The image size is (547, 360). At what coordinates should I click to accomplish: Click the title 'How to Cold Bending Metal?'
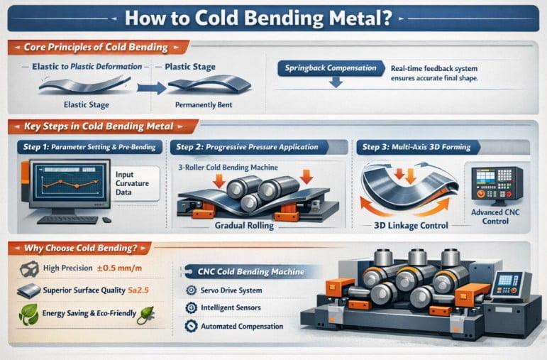pos(258,18)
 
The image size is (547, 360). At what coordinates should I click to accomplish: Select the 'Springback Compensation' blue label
pos(331,68)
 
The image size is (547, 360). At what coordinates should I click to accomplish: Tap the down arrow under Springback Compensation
pos(336,82)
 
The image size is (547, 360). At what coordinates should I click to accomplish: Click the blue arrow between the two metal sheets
pos(151,87)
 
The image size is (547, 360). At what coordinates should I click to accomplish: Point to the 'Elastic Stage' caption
pos(86,105)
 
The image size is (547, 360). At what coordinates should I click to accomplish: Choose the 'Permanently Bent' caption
pos(204,105)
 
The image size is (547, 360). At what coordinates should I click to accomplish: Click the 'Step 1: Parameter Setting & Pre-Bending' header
pos(89,147)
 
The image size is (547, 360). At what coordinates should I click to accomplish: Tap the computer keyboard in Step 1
pos(67,220)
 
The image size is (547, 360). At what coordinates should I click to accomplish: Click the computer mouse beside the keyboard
pos(106,219)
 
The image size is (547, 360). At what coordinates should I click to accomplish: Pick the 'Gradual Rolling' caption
pos(244,226)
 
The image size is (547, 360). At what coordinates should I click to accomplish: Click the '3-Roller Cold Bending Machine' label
pos(228,168)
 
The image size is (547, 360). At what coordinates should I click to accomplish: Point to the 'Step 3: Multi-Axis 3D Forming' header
pos(416,147)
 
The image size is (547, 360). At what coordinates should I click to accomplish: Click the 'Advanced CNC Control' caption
pos(495,217)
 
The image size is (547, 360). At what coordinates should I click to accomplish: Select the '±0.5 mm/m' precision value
pos(119,268)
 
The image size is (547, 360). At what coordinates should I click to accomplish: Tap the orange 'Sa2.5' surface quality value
pos(138,290)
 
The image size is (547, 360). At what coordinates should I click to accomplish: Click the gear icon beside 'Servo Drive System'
pos(191,290)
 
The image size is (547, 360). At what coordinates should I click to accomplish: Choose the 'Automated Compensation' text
pos(242,327)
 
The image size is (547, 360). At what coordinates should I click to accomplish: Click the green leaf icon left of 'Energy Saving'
pos(28,315)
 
